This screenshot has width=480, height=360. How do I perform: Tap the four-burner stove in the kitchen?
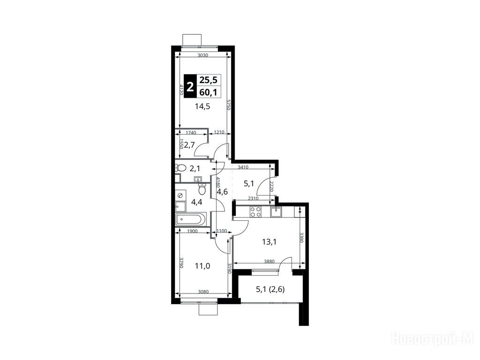pos(255,212)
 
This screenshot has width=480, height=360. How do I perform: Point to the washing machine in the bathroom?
pos(180,195)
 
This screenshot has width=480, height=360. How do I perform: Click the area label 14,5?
pos(202,106)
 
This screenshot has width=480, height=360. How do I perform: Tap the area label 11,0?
pos(202,266)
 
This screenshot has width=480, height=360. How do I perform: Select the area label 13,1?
pos(270,242)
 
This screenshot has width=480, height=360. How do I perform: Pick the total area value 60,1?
pos(208,92)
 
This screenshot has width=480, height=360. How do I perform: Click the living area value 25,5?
pos(208,80)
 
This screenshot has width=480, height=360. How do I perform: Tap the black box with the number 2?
pos(190,86)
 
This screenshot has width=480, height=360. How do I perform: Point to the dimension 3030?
pos(202,55)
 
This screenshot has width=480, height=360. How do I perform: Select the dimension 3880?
pos(270,262)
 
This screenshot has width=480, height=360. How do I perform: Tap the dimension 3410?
pos(243,167)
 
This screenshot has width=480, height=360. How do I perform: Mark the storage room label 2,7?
pos(189,145)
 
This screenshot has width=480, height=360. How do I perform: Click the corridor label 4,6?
pos(222,192)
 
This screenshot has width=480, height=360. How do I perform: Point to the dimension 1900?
pos(192,231)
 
